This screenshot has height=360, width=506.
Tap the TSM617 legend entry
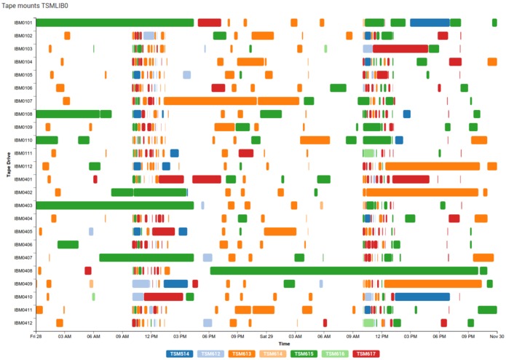click(365, 353)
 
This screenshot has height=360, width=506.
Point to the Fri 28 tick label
click(36, 337)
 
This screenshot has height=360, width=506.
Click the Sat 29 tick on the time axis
click(266, 337)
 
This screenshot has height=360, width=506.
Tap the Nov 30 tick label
click(497, 337)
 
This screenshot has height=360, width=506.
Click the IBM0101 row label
click(23, 23)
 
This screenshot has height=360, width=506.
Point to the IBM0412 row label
click(23, 323)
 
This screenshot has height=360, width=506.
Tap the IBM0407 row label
click(23, 257)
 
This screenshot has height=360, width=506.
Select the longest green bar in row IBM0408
click(344, 270)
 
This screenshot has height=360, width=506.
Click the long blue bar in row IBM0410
click(422, 297)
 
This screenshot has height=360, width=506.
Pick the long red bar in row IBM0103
click(400, 49)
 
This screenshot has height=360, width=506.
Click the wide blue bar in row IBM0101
click(429, 23)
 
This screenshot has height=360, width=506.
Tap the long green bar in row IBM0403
click(114, 206)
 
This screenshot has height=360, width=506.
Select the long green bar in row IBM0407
click(146, 257)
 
